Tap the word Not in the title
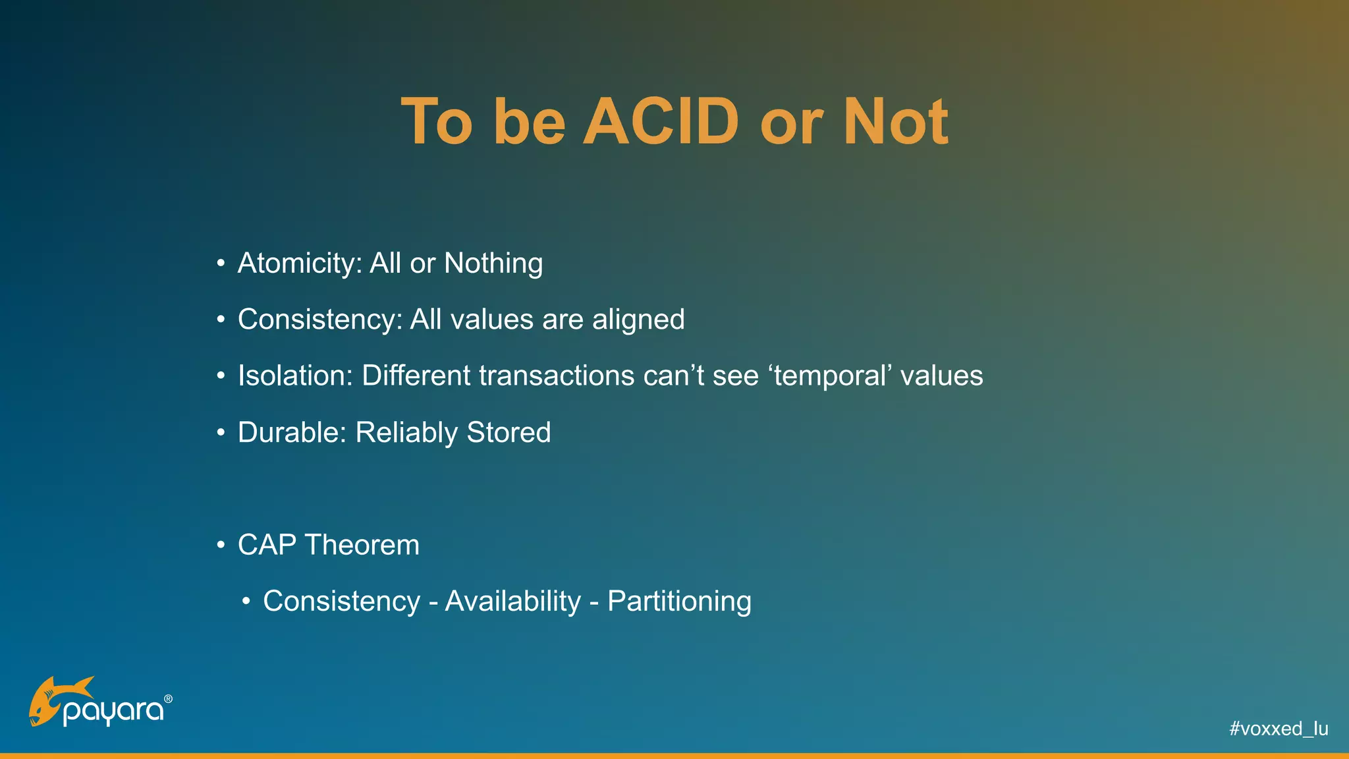tap(896, 122)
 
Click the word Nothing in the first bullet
tap(493, 264)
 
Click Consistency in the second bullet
tap(320, 320)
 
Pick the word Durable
tap(292, 433)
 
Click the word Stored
tap(509, 433)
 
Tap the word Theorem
tap(362, 546)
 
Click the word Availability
tap(513, 602)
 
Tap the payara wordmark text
tap(113, 712)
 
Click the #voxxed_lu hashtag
tap(1279, 729)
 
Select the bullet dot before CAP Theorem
tap(221, 546)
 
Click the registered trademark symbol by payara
tap(168, 698)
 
